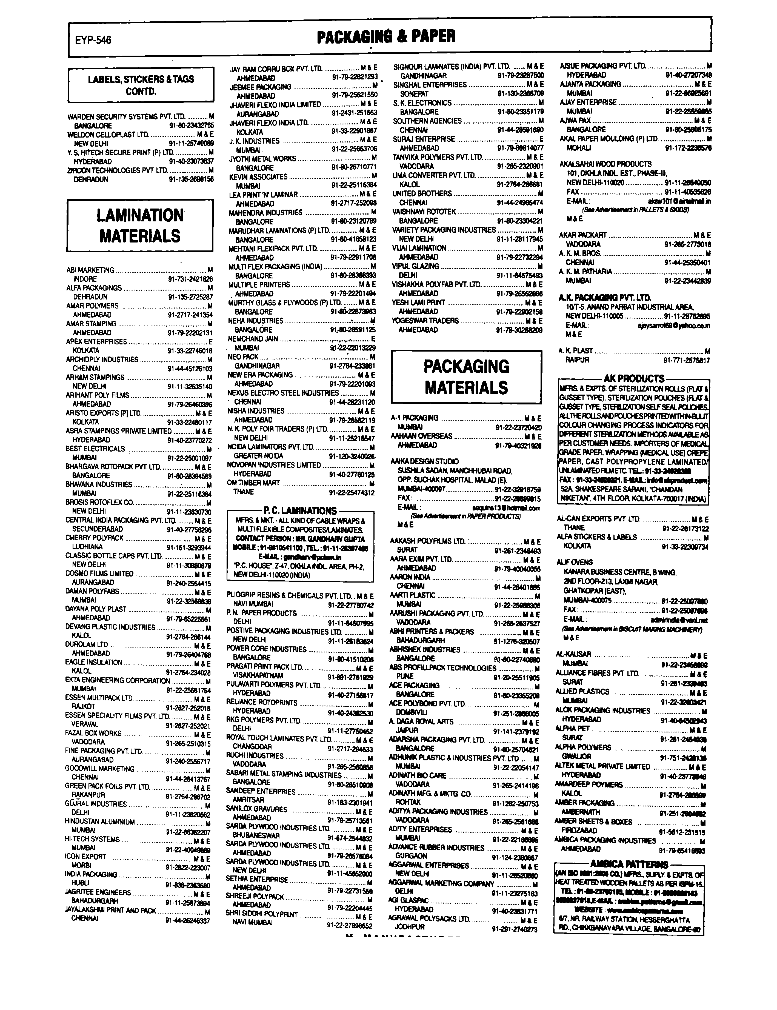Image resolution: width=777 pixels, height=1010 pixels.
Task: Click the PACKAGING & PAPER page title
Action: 386,36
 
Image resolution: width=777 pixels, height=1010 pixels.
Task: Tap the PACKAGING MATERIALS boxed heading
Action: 466,377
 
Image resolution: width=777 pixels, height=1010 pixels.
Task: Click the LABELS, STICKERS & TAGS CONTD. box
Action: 141,85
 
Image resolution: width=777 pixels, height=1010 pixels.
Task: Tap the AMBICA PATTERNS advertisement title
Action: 629,864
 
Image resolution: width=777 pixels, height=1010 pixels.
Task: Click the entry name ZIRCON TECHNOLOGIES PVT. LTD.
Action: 117,170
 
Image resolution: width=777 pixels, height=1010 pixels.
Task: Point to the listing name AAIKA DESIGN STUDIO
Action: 425,461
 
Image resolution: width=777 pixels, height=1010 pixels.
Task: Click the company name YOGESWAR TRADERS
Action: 425,321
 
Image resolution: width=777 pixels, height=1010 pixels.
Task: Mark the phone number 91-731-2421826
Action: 190,279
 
